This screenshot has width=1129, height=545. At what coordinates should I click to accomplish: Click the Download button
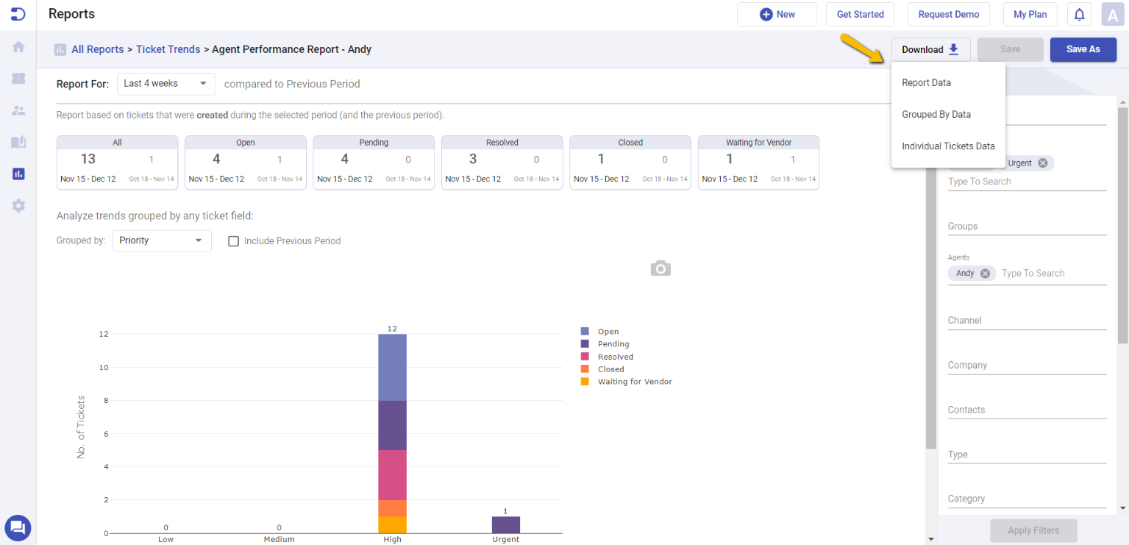click(x=930, y=49)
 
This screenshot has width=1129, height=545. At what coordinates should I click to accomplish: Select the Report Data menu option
click(x=926, y=83)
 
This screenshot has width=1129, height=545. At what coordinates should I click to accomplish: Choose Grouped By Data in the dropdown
click(x=936, y=115)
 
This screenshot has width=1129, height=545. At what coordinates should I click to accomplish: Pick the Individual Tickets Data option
click(x=947, y=146)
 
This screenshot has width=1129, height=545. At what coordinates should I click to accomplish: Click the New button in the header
click(x=777, y=15)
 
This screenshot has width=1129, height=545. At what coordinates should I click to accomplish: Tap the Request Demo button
click(x=948, y=15)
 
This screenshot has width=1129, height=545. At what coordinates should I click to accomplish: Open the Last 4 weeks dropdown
click(x=165, y=84)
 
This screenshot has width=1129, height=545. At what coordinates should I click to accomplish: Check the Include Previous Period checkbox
click(x=234, y=241)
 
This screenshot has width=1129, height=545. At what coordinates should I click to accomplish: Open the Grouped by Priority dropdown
click(x=161, y=241)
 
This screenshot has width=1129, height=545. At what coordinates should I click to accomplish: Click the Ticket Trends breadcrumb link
click(x=168, y=49)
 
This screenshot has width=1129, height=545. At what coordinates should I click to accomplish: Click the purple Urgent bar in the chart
click(x=505, y=524)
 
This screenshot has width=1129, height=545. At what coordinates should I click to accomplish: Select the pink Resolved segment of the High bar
click(x=392, y=474)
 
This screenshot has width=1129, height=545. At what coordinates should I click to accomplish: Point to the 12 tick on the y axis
click(x=104, y=334)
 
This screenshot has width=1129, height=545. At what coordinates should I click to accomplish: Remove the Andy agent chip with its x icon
click(x=985, y=274)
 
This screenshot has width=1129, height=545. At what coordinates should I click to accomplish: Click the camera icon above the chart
click(x=660, y=268)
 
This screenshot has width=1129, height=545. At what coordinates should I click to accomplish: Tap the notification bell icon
click(x=1079, y=15)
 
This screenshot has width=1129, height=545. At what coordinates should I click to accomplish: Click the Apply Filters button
click(x=1033, y=530)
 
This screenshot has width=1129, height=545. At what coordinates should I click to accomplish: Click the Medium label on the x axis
click(x=279, y=539)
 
